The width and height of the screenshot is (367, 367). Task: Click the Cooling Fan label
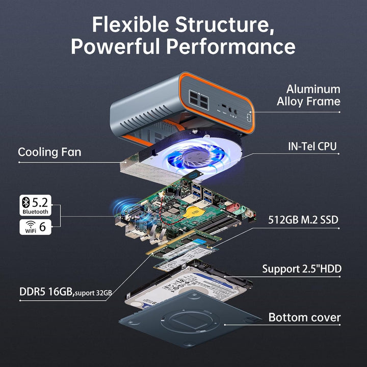pos(49,152)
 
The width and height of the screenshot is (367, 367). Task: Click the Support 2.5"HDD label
pos(302,269)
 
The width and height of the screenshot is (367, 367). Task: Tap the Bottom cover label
pos(304,318)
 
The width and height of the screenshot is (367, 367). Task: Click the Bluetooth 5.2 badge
pos(35,205)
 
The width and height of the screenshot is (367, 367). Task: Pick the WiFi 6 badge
pos(35,227)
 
